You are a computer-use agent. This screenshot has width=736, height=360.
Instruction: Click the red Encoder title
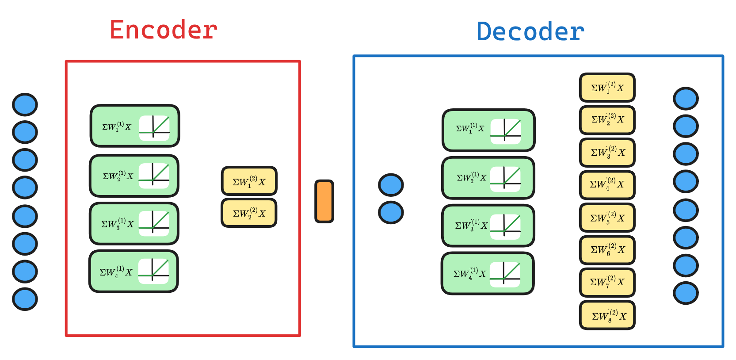(x=164, y=30)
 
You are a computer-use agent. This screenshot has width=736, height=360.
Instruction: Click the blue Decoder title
(x=530, y=32)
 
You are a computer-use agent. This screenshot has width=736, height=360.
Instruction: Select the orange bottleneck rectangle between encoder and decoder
(x=324, y=201)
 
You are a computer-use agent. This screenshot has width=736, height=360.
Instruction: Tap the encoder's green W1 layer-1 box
(x=135, y=126)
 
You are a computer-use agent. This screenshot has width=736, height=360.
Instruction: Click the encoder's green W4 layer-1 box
(x=133, y=271)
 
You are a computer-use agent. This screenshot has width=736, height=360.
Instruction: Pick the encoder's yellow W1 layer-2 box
(x=249, y=181)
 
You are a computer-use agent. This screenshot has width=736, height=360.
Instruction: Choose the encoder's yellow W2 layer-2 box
(x=249, y=213)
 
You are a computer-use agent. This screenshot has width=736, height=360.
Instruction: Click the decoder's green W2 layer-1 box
(x=488, y=178)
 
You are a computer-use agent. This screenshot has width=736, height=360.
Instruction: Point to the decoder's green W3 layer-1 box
(x=488, y=226)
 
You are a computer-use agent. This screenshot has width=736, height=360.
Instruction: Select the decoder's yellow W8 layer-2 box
(x=607, y=315)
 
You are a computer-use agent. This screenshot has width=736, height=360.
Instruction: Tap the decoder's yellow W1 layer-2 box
(x=607, y=87)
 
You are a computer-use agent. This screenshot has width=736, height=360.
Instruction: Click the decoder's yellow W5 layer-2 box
(x=607, y=217)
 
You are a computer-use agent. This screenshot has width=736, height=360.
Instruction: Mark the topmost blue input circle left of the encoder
(x=25, y=105)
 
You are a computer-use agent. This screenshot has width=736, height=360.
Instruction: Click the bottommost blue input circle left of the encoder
(x=25, y=299)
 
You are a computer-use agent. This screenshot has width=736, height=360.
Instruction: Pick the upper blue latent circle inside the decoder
(x=391, y=185)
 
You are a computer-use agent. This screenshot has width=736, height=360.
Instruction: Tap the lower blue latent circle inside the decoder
(x=391, y=212)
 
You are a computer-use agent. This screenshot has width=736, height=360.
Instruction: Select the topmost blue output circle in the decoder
(x=686, y=99)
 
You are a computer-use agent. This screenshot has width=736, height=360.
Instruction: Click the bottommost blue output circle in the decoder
(x=686, y=293)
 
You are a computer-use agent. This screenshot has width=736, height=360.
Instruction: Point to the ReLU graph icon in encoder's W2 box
(x=154, y=176)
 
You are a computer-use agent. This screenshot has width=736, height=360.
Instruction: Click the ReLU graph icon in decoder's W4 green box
(x=505, y=274)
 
